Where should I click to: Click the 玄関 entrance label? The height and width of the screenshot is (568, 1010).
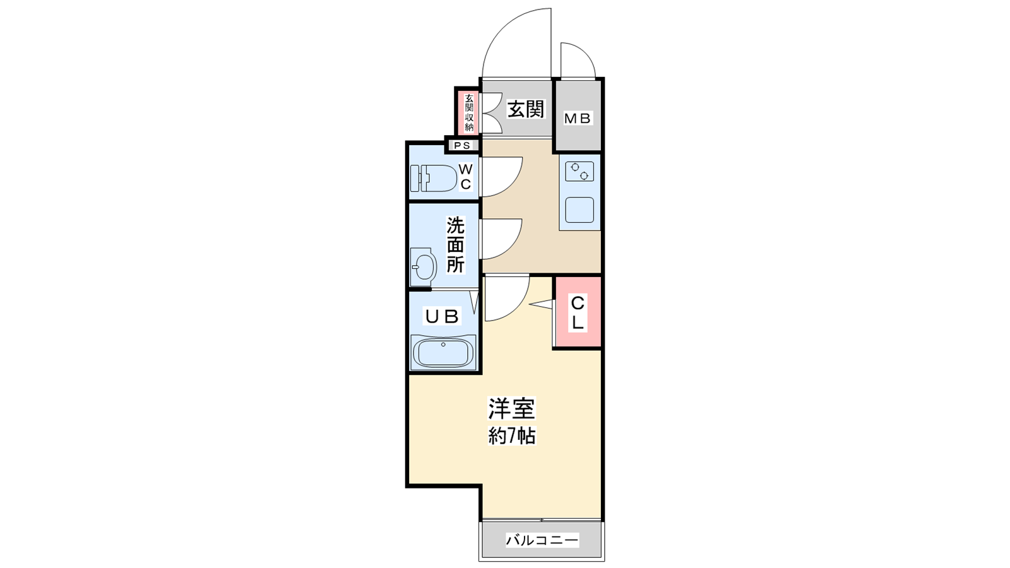pos(526,109)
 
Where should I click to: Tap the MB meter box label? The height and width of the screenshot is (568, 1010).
pos(578,119)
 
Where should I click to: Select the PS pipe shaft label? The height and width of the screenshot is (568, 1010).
pos(461,146)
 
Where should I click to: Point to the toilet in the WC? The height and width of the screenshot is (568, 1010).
pos(433,178)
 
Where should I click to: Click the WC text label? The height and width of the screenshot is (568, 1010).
pos(466,177)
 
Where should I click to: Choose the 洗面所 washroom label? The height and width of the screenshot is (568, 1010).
pos(455,245)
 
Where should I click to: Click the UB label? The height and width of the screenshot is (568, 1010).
pos(443,317)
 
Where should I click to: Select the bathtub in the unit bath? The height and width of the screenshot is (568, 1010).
pos(443,352)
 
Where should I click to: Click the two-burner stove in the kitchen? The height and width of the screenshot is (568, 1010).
pos(579,171)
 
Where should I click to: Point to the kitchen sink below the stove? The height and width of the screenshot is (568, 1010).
pos(579,210)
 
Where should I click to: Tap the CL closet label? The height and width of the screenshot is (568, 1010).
pos(578,312)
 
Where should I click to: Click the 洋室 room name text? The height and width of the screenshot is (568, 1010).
pos(512,408)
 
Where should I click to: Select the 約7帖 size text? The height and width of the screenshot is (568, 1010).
pos(512,436)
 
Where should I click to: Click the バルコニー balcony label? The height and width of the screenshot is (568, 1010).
pos(542,540)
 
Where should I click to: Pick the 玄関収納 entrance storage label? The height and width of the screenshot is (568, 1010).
pos(469,113)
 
